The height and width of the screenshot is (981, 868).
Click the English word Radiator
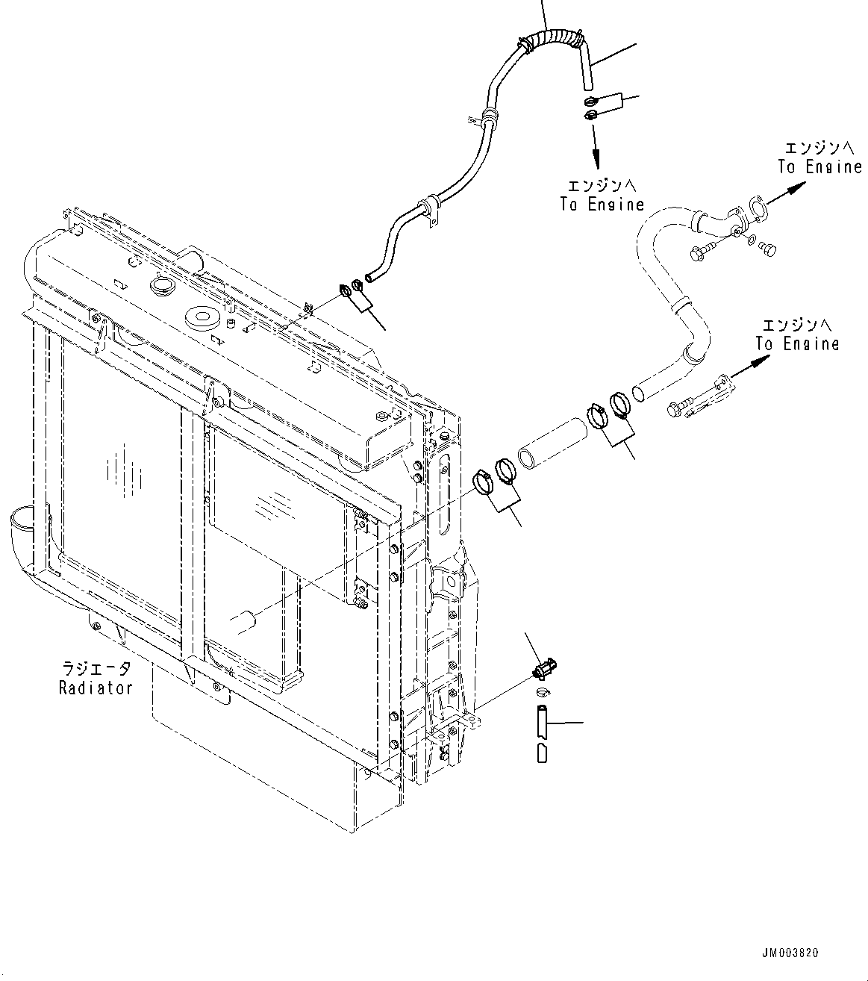[96, 688]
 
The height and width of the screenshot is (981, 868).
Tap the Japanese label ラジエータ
[96, 669]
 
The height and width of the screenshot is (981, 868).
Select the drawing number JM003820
[790, 953]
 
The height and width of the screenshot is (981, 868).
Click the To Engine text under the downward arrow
[602, 204]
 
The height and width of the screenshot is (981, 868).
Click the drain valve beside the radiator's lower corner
[546, 667]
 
